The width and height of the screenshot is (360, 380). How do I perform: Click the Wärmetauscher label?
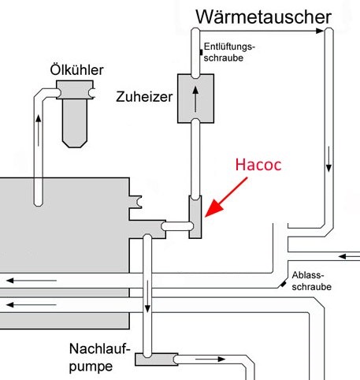click(263, 17)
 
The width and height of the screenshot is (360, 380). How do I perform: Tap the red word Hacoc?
click(258, 165)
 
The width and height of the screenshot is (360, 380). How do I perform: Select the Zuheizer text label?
click(144, 97)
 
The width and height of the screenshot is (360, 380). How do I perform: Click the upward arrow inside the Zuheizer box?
click(195, 99)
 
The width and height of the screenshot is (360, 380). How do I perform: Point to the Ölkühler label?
click(76, 70)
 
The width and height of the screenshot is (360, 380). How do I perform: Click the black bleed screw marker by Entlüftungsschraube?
click(201, 52)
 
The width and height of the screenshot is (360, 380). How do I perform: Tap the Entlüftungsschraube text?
click(229, 52)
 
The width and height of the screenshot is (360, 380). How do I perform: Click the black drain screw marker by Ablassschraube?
click(283, 284)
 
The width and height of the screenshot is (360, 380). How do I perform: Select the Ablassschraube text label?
click(311, 281)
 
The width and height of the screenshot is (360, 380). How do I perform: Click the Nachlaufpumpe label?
click(100, 357)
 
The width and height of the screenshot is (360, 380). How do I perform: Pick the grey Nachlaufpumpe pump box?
click(157, 360)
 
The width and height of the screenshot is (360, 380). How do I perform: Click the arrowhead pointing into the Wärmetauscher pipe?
click(320, 31)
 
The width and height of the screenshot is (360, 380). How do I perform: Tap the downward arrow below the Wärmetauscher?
click(328, 159)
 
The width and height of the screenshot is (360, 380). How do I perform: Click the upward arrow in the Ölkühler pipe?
click(39, 131)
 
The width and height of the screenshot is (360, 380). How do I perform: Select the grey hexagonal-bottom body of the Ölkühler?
click(75, 123)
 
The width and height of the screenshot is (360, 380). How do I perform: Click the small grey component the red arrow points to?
click(195, 217)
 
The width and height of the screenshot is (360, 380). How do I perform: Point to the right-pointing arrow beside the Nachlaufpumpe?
click(210, 359)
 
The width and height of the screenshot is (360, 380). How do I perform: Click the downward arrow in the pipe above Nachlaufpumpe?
click(147, 296)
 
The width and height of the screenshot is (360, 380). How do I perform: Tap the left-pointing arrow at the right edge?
click(349, 256)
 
